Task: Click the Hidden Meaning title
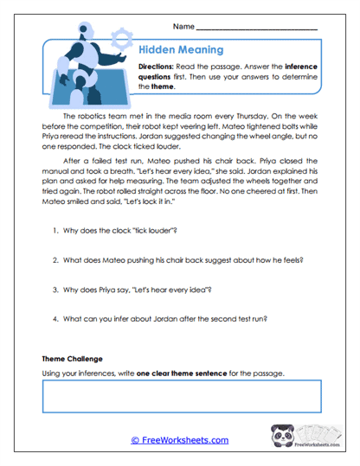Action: tap(182, 50)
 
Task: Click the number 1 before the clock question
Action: tap(54, 231)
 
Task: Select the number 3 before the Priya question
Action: tap(54, 289)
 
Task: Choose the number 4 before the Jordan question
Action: tap(54, 318)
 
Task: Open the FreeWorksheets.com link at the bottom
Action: tap(184, 440)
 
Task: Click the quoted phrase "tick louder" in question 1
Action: tap(154, 231)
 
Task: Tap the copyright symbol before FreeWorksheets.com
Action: tap(135, 440)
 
